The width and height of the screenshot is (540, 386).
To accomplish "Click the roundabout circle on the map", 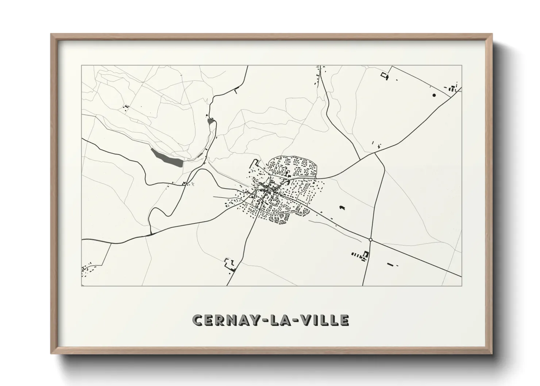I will (x=370, y=240).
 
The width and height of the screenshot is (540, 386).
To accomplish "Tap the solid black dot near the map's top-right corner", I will (x=434, y=95).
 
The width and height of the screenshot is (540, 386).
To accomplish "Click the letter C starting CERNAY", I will (x=198, y=320).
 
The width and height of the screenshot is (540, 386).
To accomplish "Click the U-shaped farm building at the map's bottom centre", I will (x=229, y=263).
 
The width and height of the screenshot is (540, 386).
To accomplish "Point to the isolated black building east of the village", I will (x=342, y=207).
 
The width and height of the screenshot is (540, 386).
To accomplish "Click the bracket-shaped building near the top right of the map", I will (x=385, y=76).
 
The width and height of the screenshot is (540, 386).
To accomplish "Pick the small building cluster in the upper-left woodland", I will (x=126, y=107).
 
